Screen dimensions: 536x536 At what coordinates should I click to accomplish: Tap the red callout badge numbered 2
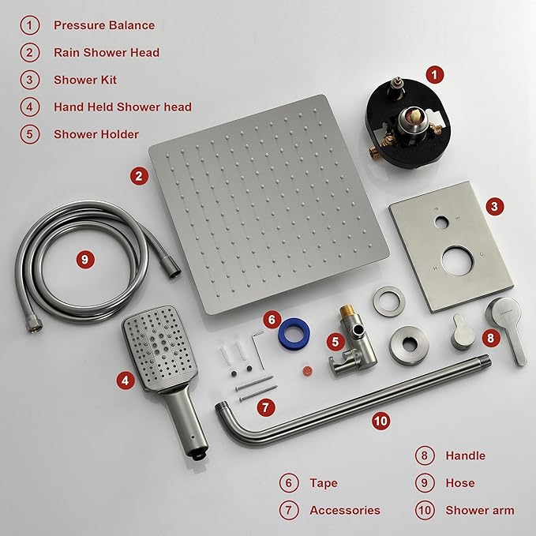139,176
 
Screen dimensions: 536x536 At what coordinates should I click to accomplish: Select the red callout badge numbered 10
381,421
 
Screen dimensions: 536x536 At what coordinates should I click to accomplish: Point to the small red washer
301,369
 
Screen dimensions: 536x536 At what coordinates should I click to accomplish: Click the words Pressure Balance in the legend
104,24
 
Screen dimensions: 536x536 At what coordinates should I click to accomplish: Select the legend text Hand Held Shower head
122,107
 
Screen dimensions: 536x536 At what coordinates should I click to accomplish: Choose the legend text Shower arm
479,510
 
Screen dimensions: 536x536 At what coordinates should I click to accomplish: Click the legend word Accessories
345,510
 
